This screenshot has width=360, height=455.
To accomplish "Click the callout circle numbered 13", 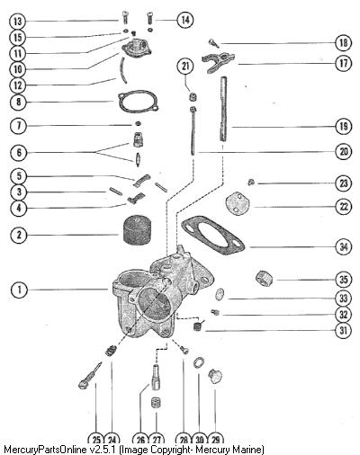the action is (18, 22).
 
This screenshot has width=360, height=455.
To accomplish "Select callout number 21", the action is (185, 66).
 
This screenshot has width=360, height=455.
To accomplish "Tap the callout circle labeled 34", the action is (344, 247).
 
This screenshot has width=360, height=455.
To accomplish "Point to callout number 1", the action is (19, 290).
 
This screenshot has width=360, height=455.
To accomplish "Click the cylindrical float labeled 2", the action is (137, 230).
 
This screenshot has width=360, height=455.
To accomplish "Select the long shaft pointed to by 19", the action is (224, 109).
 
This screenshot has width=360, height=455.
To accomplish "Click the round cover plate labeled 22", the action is (235, 205).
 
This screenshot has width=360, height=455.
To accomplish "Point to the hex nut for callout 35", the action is (265, 278).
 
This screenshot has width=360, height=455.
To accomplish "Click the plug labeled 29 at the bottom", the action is (215, 377).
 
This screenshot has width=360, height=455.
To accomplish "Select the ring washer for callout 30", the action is (199, 363).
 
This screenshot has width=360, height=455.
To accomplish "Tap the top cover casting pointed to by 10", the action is (137, 48).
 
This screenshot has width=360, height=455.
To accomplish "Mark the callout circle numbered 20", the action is (344, 152).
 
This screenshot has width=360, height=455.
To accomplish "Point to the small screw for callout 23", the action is (251, 182).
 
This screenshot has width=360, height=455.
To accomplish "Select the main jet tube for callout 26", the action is (156, 377).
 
